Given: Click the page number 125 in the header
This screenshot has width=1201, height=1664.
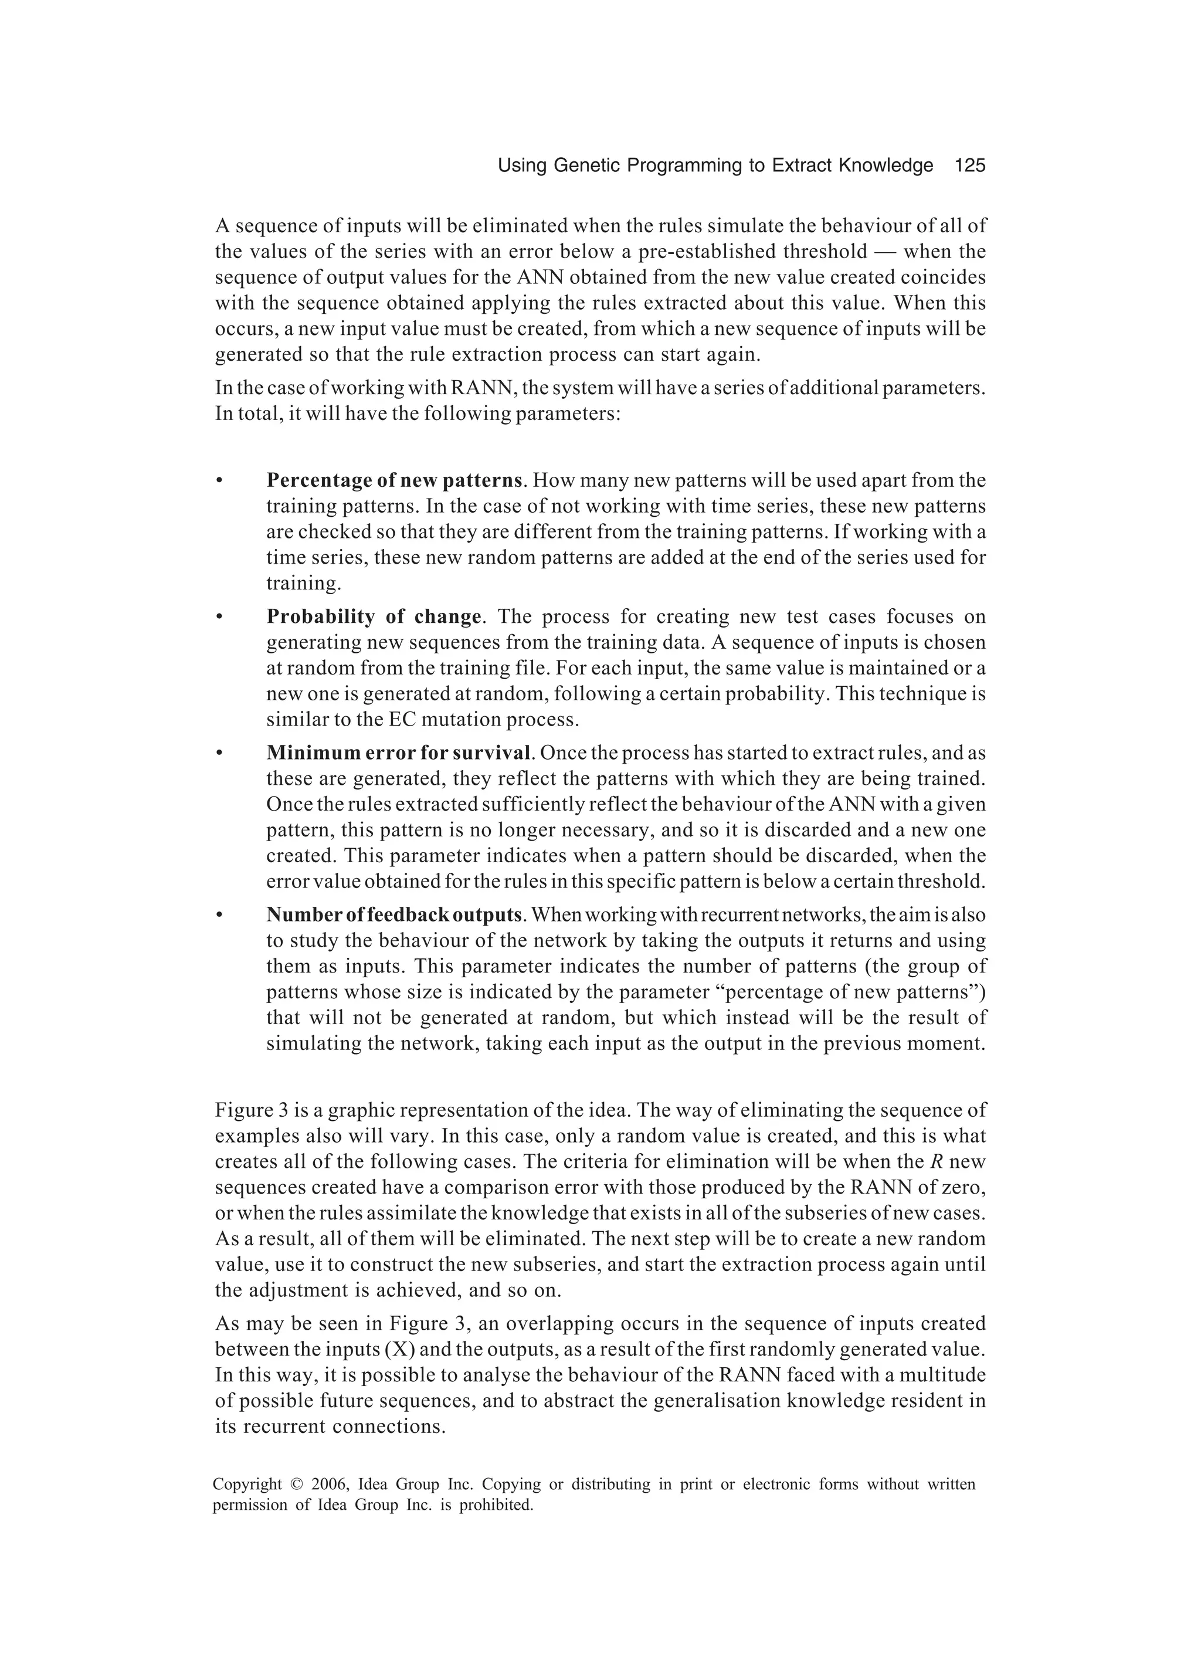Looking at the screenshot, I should coord(969,166).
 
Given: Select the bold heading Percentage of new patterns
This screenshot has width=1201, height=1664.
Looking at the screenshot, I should coord(394,480).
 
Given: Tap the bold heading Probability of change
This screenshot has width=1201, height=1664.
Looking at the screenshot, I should coord(374,616).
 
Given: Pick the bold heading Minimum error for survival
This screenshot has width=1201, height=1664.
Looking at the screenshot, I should coord(398,753).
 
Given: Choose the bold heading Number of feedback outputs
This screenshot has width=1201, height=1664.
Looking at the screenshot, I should coord(394,915).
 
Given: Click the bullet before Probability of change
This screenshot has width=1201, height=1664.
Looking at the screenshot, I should coord(219,617).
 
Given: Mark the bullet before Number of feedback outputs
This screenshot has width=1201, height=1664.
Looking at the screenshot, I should coord(219,916).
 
